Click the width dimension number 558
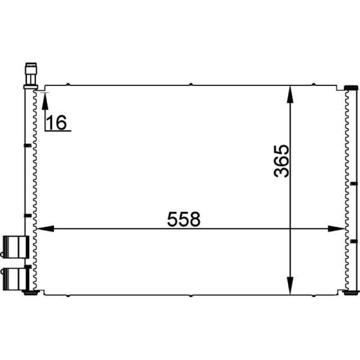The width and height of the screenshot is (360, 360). click(183, 220)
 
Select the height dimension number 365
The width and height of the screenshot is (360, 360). click(281, 161)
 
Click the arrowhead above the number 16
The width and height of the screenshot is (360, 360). click(45, 99)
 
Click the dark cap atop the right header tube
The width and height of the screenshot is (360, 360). click(350, 87)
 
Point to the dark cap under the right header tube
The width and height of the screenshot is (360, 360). click(350, 292)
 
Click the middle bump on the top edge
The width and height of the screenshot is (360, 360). click(191, 84)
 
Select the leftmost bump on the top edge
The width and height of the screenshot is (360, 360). click(67, 84)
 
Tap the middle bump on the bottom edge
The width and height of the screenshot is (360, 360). click(191, 296)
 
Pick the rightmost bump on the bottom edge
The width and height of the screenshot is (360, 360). click(314, 296)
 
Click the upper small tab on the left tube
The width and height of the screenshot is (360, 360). click(27, 145)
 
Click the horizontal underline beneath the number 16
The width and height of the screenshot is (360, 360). click(58, 131)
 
